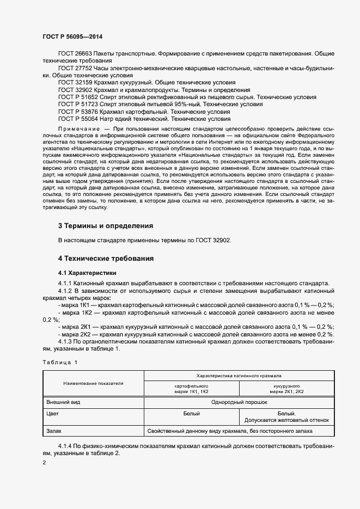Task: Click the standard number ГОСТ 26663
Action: click(75, 54)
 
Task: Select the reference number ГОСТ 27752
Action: click(75, 68)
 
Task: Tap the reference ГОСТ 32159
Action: click(75, 82)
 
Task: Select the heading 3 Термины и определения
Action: click(105, 225)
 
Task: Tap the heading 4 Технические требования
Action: click(106, 258)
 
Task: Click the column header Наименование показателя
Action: click(93, 383)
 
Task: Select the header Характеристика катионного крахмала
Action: click(239, 376)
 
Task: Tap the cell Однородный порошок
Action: click(239, 402)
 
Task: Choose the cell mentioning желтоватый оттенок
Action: click(287, 420)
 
